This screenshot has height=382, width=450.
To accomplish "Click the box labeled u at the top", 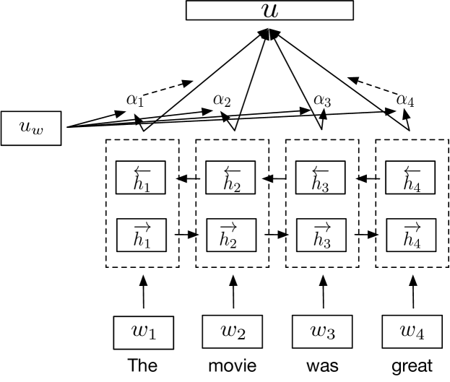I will tap(269, 10).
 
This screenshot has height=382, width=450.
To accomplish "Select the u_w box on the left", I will tap(32, 128).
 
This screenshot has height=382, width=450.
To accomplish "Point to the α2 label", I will tap(222, 99).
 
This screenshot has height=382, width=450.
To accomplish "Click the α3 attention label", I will tap(322, 99).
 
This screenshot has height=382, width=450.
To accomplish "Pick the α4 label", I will tap(407, 99).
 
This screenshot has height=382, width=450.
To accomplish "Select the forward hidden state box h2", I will tap(232, 234).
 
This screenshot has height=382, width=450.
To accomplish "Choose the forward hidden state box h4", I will tap(412, 234).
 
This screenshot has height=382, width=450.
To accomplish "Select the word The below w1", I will tap(142, 365).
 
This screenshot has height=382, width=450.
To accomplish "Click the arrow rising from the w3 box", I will tap(322, 295).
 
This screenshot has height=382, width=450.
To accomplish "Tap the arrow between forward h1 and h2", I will tap(186, 234).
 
